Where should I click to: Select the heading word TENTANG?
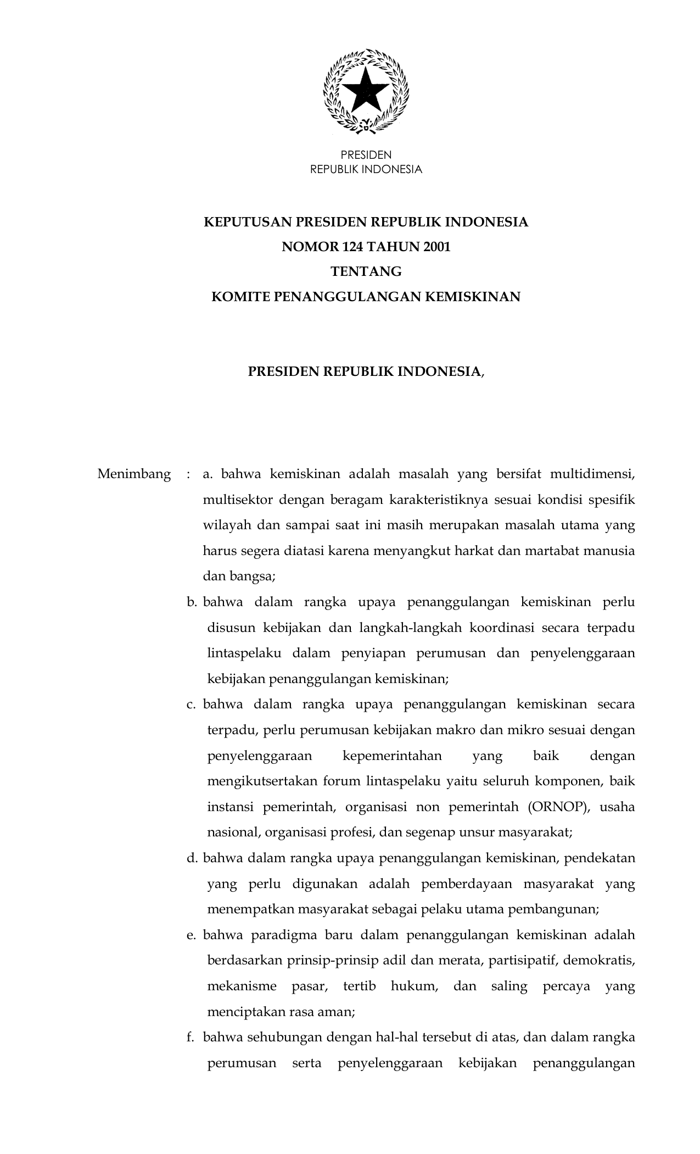click(366, 272)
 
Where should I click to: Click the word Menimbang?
click(134, 474)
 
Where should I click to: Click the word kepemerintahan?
click(392, 756)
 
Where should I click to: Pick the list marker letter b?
click(192, 602)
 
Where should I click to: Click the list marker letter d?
click(192, 858)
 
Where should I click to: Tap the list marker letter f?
click(191, 1038)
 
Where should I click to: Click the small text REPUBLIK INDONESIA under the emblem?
click(366, 170)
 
